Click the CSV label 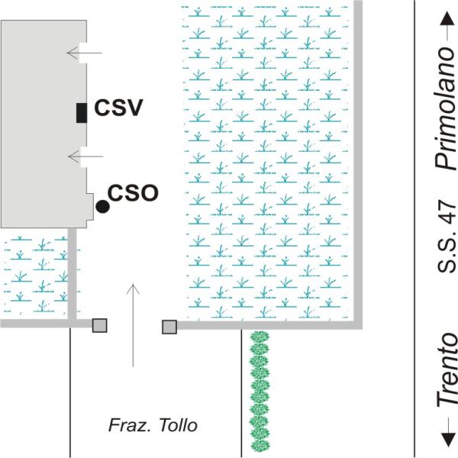pos(118,109)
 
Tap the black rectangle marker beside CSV pos(81,112)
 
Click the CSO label pos(133,192)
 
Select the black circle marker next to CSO pos(102,205)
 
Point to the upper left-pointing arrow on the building pos(85,53)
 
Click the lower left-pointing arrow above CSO pos(85,156)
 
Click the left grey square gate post pos(99,326)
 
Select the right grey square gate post pos(169,327)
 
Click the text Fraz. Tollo pos(151,425)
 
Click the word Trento pos(447,369)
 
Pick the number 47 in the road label pos(447,220)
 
